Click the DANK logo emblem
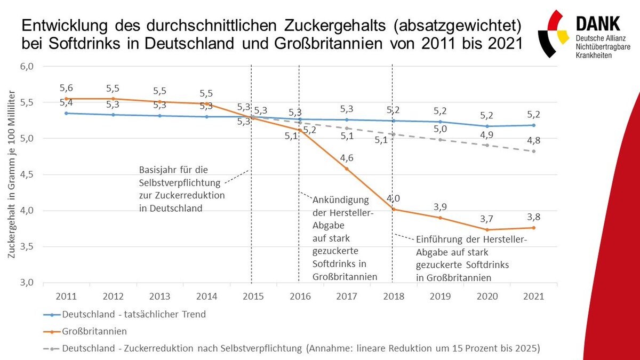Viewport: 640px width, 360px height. point(553,34)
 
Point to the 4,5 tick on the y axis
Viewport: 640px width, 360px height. point(27,174)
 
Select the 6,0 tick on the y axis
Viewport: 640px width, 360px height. point(27,67)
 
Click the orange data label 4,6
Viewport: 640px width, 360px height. point(347,157)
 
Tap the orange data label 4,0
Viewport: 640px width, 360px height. point(394,198)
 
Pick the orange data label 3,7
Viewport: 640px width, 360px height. point(486,219)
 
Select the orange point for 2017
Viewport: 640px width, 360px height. point(347,169)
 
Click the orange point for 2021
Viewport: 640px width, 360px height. point(534,228)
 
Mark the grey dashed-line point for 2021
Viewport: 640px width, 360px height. point(534,151)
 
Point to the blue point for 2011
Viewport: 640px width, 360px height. point(66,113)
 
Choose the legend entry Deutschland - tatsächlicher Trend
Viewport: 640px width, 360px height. point(133,314)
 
